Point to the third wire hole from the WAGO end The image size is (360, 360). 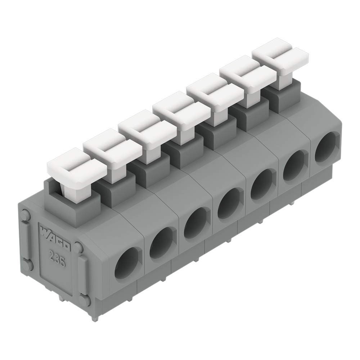tap(195, 224)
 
